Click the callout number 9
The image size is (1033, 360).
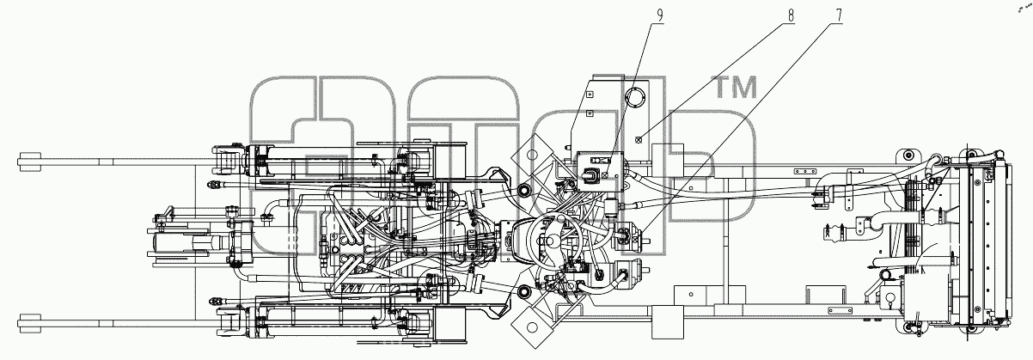pyautogui.click(x=660, y=15)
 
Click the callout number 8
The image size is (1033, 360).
pyautogui.click(x=791, y=15)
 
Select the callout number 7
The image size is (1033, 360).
pyautogui.click(x=838, y=15)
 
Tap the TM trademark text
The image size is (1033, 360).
pyautogui.click(x=737, y=87)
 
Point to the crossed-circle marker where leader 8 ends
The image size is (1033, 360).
pyautogui.click(x=639, y=140)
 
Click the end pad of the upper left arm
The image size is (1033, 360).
pyautogui.click(x=29, y=162)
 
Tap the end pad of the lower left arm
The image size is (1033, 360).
pyautogui.click(x=29, y=324)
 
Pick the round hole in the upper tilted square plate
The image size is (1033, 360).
pyautogui.click(x=532, y=155)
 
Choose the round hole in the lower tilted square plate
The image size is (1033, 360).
pyautogui.click(x=532, y=327)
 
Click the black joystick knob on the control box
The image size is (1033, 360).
pyautogui.click(x=590, y=175)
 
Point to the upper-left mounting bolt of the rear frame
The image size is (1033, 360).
pyautogui.click(x=908, y=155)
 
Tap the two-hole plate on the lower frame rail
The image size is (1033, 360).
pyautogui.click(x=839, y=310)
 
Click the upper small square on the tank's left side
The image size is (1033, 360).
pyautogui.click(x=589, y=95)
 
